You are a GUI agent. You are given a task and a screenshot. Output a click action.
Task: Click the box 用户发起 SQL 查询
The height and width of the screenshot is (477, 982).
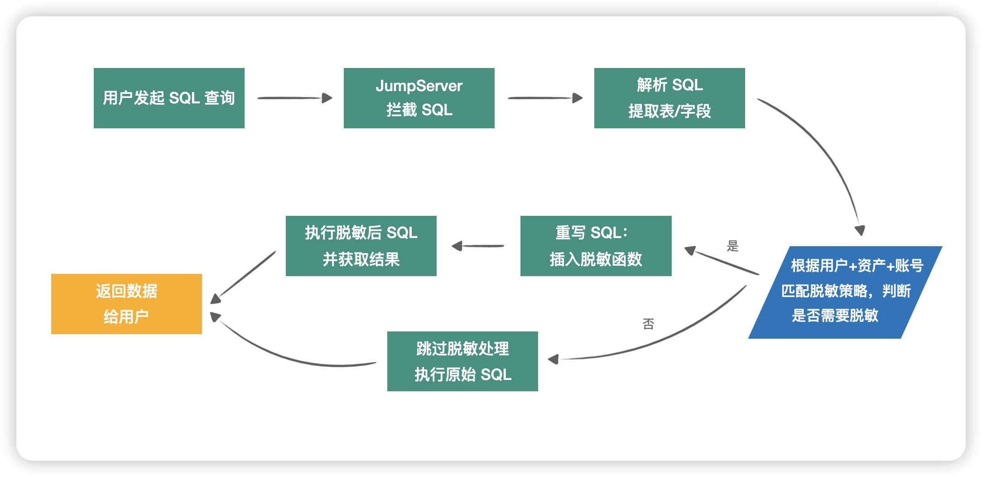(169, 98)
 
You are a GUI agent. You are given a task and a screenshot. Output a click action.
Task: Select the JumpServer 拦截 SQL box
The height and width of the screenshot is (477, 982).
(419, 98)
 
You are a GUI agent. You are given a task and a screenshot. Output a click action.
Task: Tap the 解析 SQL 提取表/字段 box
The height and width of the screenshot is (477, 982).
(669, 98)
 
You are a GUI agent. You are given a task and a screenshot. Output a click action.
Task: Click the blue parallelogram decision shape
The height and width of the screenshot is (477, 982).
(845, 292)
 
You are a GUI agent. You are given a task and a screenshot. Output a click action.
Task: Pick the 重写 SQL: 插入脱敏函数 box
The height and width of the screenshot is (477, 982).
(596, 246)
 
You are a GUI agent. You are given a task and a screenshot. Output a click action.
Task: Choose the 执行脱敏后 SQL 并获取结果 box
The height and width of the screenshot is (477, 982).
(361, 246)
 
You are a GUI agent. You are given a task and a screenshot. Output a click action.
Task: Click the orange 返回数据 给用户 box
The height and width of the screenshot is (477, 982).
(126, 304)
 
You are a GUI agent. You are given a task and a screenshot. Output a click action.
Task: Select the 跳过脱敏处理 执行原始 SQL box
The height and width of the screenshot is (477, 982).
(462, 361)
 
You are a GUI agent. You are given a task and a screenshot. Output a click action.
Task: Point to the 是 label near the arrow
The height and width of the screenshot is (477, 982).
(732, 246)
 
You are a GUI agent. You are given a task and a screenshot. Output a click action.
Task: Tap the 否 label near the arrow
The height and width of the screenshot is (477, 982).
(648, 324)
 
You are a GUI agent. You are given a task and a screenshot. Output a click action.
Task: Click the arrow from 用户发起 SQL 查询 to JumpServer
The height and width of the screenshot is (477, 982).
(294, 98)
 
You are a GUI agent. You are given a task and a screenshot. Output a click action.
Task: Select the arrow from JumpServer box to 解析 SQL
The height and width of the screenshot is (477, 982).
(545, 98)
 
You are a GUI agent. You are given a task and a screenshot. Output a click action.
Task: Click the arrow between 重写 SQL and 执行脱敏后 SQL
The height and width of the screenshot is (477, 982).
(479, 246)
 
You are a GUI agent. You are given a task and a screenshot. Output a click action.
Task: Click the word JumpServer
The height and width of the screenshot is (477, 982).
(419, 86)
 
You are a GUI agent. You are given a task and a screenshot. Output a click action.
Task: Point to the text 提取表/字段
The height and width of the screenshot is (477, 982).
(669, 111)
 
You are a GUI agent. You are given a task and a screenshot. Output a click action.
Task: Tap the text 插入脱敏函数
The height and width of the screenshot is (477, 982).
(596, 259)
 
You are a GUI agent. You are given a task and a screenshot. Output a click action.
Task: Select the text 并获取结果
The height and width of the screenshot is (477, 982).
(361, 259)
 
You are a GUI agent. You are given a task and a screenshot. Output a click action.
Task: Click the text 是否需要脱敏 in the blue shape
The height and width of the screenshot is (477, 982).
(835, 315)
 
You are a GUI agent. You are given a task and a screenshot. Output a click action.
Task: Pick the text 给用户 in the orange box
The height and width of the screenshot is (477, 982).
(126, 316)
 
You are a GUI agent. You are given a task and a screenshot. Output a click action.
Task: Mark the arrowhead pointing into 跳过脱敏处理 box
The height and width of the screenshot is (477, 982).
(554, 360)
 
